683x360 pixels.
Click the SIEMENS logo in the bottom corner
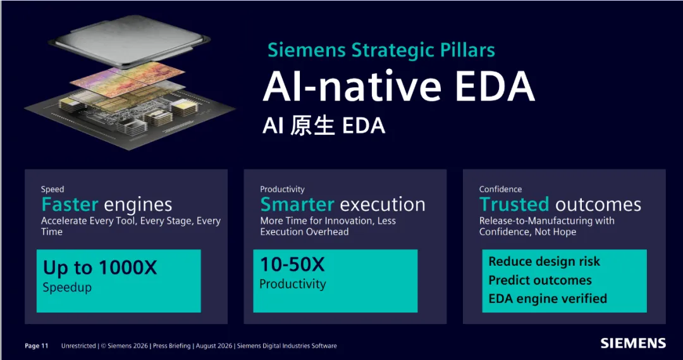tap(633, 343)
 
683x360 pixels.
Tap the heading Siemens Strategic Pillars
tap(381, 50)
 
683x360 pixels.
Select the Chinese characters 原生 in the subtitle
tap(312, 125)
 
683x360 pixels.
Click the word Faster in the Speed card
tap(70, 204)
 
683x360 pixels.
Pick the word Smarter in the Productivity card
tap(297, 204)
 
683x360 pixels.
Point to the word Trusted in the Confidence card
tap(514, 204)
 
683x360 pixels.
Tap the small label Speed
tap(52, 189)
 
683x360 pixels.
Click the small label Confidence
tap(500, 189)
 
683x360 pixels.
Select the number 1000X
tap(128, 267)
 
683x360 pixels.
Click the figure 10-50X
tap(292, 264)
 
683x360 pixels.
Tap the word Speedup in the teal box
tap(67, 288)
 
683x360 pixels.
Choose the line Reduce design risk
tap(544, 261)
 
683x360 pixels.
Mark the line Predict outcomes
tap(540, 280)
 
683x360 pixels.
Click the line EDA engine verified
tap(548, 299)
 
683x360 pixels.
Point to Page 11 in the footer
tap(37, 346)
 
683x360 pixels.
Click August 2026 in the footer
tap(214, 346)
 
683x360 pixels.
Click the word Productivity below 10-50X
tap(293, 284)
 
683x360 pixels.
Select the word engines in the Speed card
tap(138, 205)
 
